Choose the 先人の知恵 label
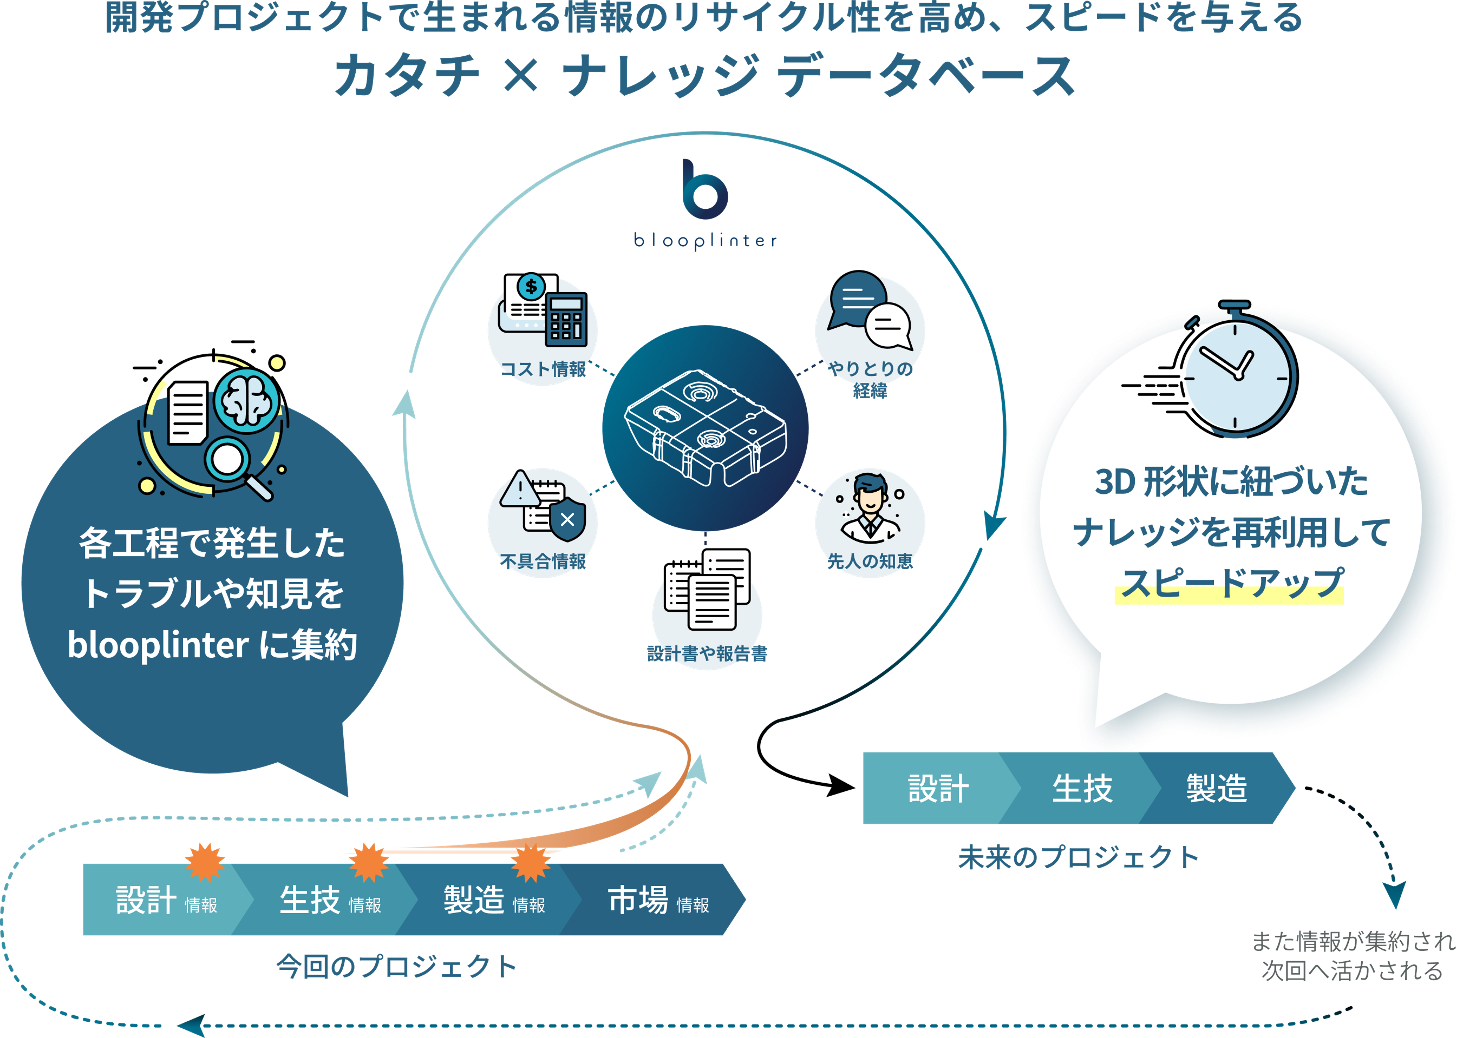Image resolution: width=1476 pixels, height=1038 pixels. [870, 561]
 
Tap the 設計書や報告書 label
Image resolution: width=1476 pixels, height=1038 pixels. [707, 654]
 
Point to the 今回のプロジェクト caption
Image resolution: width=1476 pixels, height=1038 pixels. [397, 966]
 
